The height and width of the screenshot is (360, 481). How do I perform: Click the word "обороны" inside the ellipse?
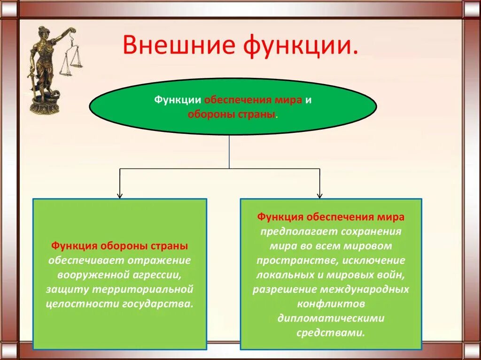point(206,114)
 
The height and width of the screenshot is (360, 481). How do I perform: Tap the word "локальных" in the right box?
point(281,275)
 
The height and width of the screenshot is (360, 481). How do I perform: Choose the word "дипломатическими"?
point(331,318)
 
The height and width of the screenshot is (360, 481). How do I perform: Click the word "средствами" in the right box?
point(330,332)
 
